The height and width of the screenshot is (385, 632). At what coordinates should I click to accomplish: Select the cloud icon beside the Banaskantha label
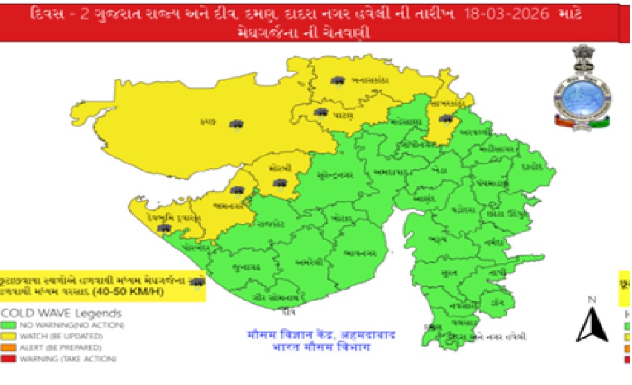(339, 81)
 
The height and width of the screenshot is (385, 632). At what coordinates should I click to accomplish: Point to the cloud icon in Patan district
(321, 112)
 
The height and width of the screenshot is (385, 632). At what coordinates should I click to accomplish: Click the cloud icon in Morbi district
(280, 183)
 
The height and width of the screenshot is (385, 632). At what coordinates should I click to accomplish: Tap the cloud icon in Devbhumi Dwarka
(164, 227)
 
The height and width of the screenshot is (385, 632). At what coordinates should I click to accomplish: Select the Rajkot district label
(273, 223)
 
